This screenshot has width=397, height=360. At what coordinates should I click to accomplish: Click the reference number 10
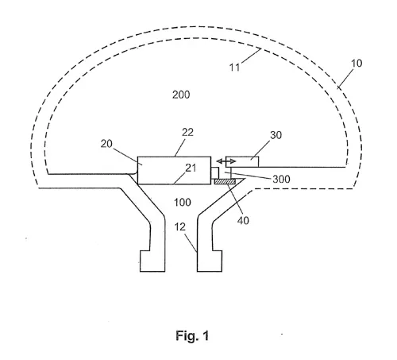pos(357,64)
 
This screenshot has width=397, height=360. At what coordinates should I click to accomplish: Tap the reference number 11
pos(234,68)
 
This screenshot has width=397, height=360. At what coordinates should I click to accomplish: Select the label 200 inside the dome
pos(181,95)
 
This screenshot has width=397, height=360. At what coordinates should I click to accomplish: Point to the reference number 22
pos(187,132)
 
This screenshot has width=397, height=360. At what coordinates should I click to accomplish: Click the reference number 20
pos(106,144)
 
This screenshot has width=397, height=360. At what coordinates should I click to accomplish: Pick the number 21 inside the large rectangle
pos(191,168)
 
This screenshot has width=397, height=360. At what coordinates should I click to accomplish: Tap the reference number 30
pos(276,135)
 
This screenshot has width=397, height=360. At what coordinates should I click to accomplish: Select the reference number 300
pos(281,179)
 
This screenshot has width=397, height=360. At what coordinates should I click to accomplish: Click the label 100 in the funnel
pos(183,203)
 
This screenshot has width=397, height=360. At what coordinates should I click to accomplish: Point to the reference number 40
pos(243,220)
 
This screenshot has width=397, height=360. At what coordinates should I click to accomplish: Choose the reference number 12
pos(180,226)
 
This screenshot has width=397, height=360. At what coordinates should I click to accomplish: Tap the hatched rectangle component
pos(225,181)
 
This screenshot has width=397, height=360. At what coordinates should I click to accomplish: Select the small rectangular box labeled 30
pos(242,162)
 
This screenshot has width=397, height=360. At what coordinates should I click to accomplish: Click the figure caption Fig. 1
pos(192,335)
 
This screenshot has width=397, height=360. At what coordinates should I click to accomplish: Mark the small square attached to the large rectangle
pos(214,173)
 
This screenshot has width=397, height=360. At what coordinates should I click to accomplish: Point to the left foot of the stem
pos(152,261)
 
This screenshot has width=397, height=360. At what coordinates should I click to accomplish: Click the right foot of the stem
pos(210,261)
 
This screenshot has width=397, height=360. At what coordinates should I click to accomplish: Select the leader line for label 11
pos(251,56)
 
